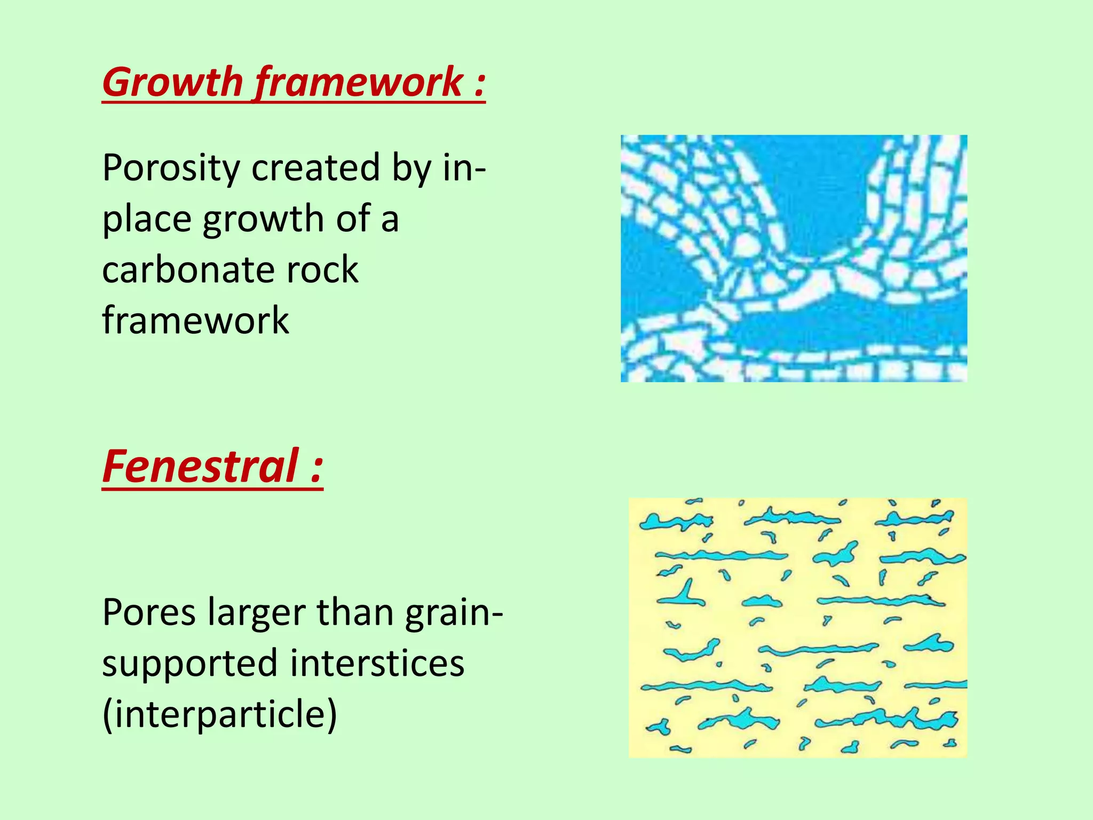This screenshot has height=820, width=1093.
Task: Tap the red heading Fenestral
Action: coord(201,466)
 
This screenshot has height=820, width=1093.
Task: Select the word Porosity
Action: coord(171,168)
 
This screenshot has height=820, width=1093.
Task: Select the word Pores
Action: coord(149,613)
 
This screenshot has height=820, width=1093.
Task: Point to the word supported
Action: coord(190,664)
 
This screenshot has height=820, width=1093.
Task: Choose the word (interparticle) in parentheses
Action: coord(219,714)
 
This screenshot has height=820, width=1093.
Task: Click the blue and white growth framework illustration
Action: coord(794,258)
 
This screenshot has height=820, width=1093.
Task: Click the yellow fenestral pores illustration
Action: coord(797,627)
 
